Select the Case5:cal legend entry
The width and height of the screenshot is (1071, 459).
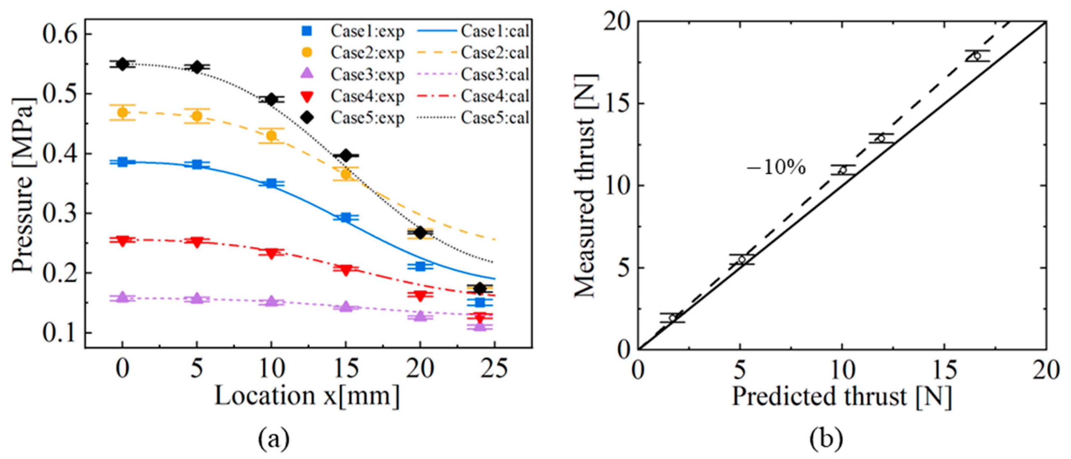(x=495, y=118)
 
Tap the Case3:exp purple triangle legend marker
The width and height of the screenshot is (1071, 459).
(x=308, y=74)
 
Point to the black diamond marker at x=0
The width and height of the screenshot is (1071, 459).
(x=122, y=64)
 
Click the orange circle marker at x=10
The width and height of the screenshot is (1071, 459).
(x=272, y=135)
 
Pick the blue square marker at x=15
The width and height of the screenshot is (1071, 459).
(x=345, y=217)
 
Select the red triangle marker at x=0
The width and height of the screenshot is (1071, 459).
(x=122, y=241)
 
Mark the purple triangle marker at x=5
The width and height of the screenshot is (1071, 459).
(x=197, y=299)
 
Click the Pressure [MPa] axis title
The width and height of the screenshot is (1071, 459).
(x=23, y=185)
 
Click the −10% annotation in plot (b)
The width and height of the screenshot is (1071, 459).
(x=776, y=168)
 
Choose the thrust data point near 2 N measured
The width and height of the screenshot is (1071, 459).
(x=672, y=318)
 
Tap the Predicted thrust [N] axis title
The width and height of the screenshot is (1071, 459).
(x=842, y=396)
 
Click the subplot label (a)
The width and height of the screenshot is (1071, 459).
(x=274, y=440)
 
